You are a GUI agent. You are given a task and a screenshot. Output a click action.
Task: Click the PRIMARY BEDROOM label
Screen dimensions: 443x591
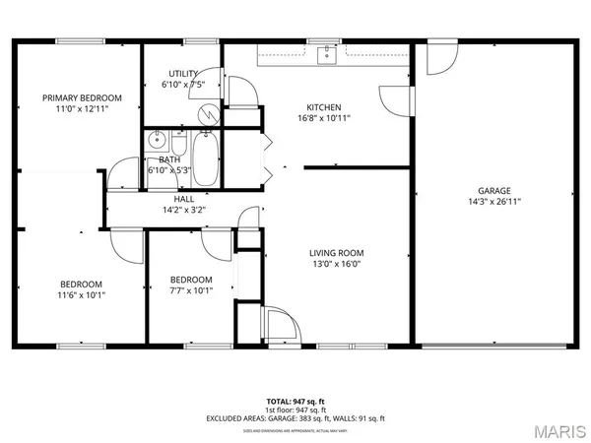[81, 97]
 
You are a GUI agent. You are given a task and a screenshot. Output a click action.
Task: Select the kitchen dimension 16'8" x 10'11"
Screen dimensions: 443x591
[323, 118]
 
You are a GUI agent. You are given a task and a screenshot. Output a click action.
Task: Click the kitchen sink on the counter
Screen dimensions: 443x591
[324, 55]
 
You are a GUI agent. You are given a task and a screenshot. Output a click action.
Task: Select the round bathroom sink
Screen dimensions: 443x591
[156, 142]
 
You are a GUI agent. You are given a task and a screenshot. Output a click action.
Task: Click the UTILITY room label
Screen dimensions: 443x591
[183, 74]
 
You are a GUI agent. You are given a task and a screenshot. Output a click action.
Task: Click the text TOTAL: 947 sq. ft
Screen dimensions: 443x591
[295, 401]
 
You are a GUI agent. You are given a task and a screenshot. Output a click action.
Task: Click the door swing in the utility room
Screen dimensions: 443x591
[243, 92]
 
